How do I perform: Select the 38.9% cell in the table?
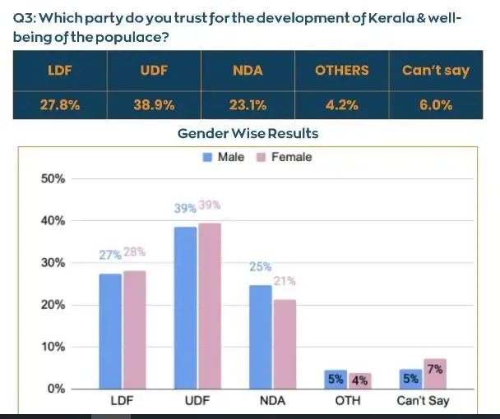pos(154,104)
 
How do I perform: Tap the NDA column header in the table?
pos(248,71)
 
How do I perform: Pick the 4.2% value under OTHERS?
pos(341,104)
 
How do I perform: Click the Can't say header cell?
pos(435,71)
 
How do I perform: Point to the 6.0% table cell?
pos(435,104)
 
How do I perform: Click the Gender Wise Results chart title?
pos(248,133)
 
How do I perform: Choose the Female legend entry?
pos(285,157)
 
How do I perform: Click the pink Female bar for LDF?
pos(134,329)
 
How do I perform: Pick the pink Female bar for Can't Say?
pos(435,374)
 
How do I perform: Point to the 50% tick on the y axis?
pos(53,178)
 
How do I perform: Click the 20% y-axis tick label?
pos(53,305)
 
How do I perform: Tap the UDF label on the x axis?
pos(197,402)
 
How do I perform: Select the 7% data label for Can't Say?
pos(436,369)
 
